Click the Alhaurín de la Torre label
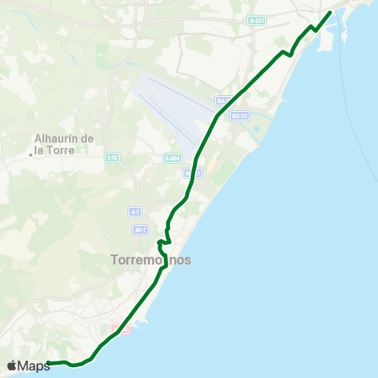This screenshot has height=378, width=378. coord(65,144)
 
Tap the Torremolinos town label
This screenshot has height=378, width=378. coord(151,259)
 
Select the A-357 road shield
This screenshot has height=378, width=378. coord(256,20)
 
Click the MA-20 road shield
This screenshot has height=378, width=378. coord(240,116)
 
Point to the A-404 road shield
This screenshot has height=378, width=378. coord(172,158)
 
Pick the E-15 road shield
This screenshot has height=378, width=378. coord(113,157)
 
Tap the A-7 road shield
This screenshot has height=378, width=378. coord(135,212)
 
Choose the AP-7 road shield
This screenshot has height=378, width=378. coord(140,230)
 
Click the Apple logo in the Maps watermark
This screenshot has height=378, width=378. coord(12,365)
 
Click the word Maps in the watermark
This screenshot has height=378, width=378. coord(34,365)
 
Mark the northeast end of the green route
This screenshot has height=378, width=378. coord(329,12)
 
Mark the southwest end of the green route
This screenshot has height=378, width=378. coord(48,363)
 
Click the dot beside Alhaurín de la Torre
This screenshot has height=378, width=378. coord(30,154)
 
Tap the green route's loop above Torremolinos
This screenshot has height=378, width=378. coord(163,242)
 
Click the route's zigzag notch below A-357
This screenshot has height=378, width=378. coord(287,54)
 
